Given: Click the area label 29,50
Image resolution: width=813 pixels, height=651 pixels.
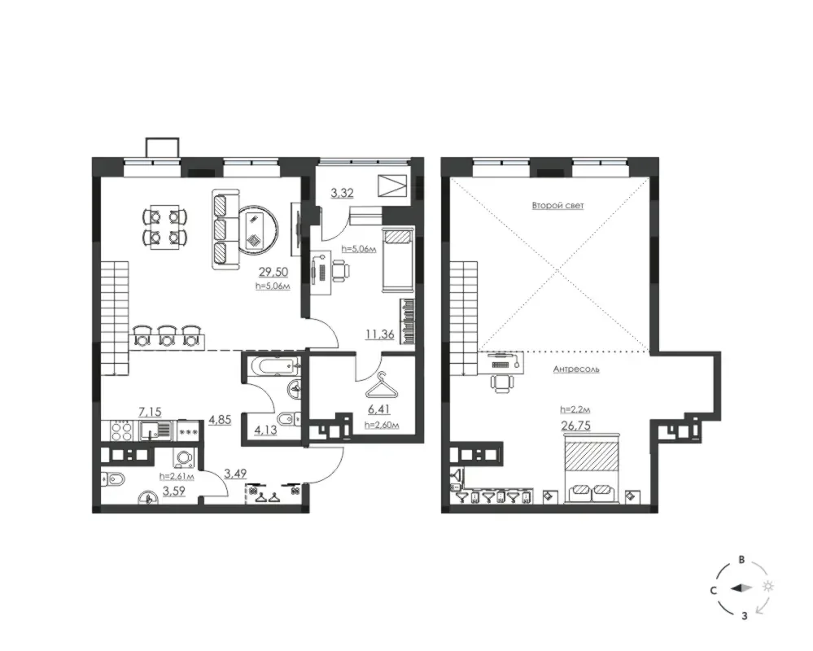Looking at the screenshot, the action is click(x=274, y=272).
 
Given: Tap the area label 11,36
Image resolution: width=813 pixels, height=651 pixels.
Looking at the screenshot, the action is click(x=379, y=334).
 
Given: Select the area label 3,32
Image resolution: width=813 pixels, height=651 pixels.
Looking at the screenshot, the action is click(x=342, y=194).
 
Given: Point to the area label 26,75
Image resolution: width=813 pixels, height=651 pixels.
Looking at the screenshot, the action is click(x=575, y=425).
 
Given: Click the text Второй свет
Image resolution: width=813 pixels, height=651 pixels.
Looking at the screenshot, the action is click(x=558, y=205).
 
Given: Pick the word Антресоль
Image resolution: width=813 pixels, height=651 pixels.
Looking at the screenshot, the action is click(x=576, y=369).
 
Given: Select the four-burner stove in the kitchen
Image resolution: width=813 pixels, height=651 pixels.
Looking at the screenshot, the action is click(x=121, y=430).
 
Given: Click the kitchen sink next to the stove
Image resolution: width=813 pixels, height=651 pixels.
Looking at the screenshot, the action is click(x=155, y=430).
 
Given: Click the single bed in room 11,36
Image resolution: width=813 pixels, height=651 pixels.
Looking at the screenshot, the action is click(x=398, y=259).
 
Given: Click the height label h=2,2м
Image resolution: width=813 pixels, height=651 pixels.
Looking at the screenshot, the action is click(x=575, y=409).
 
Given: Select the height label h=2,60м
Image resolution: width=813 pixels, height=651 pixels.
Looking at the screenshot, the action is click(x=381, y=426).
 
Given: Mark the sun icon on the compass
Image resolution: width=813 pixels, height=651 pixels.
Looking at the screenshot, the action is click(x=768, y=586).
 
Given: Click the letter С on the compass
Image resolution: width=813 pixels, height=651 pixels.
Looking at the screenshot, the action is click(x=714, y=590).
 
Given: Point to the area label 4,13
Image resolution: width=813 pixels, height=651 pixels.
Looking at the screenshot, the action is click(x=265, y=430).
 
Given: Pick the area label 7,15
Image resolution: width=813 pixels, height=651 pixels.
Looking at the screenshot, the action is click(x=150, y=412).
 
